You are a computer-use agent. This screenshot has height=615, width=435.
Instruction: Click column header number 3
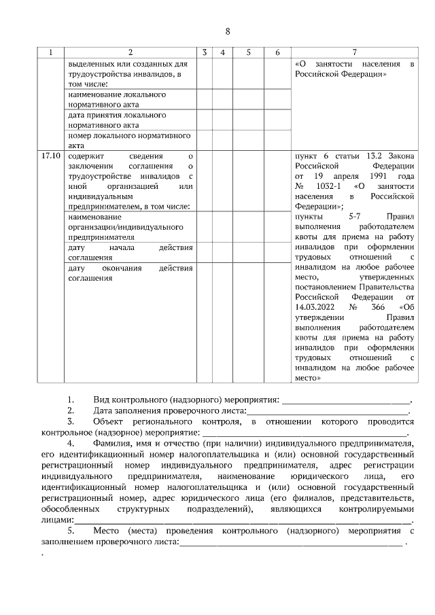(x=205, y=52)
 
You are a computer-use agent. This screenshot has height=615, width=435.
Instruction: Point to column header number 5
(x=248, y=52)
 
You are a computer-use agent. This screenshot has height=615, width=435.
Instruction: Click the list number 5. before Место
(x=71, y=530)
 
